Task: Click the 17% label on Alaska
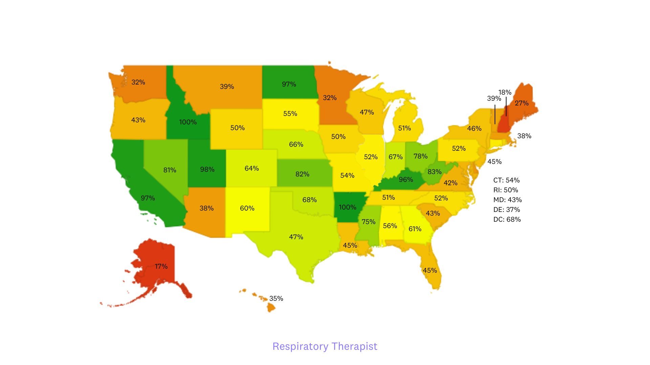click(x=161, y=266)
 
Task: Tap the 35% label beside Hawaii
click(x=276, y=298)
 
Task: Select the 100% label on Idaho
click(x=188, y=122)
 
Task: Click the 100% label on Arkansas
click(x=347, y=207)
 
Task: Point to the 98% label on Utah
click(x=207, y=169)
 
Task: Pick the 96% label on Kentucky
click(x=406, y=179)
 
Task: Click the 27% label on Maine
click(x=521, y=103)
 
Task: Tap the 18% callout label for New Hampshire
click(x=504, y=92)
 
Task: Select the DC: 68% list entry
click(x=507, y=219)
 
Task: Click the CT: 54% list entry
click(x=506, y=180)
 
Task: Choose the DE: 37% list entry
click(x=506, y=210)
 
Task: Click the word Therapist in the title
click(x=354, y=346)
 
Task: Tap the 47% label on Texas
click(x=296, y=237)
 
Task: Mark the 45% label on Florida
click(x=430, y=270)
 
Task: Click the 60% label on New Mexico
click(x=247, y=208)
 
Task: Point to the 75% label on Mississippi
click(x=368, y=222)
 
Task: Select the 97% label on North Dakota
click(x=289, y=84)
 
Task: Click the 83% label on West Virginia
click(x=434, y=172)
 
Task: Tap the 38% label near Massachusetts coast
click(x=524, y=136)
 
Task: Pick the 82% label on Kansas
click(x=302, y=174)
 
